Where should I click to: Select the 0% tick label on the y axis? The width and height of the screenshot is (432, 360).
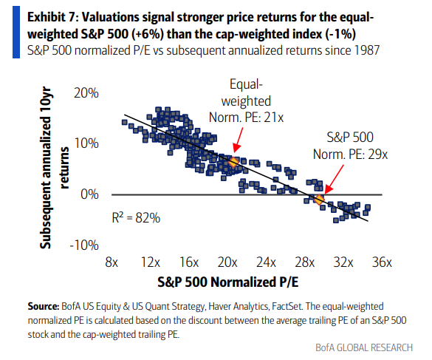pyautogui.click(x=90, y=194)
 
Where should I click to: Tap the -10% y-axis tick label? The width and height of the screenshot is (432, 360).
pyautogui.click(x=85, y=245)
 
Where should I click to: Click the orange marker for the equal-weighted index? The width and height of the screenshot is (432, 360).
pyautogui.click(x=233, y=162)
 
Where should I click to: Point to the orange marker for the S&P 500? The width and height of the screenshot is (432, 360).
pyautogui.click(x=319, y=200)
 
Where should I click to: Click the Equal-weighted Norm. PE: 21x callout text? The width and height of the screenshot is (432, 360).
pyautogui.click(x=250, y=101)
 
